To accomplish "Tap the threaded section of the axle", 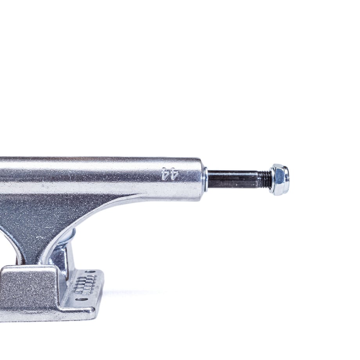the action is coord(264,179).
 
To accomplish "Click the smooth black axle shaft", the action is coord(232,179).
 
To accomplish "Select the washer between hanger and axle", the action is coord(205,179).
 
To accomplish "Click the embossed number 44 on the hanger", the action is coord(170,174).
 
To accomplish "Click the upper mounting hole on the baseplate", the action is coord(90,272).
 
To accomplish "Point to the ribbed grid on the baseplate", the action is coord(85,285).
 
